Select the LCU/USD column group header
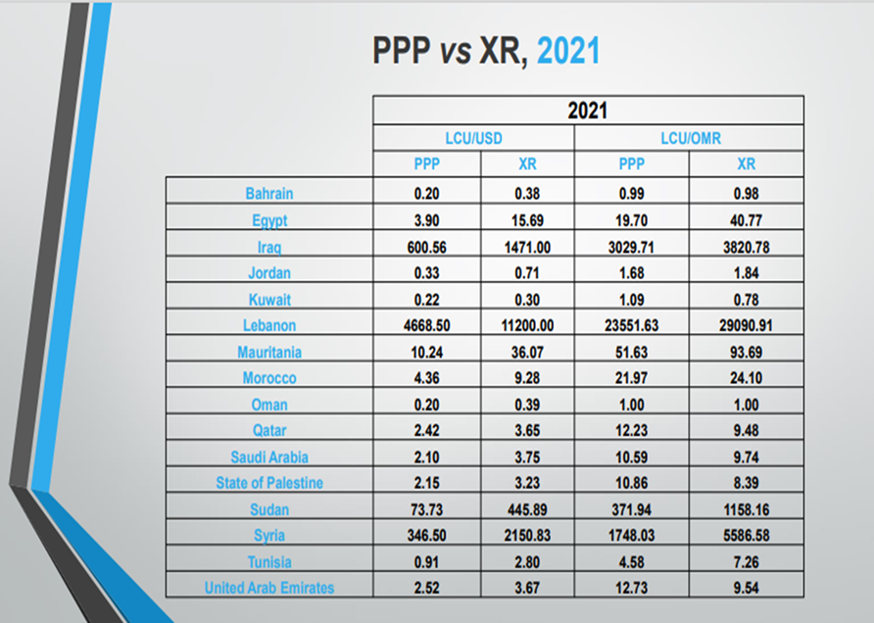coord(474,140)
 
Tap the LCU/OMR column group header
coord(689,140)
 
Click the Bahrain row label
coord(269,194)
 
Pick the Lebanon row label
coord(269,326)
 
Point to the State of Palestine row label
coord(269,483)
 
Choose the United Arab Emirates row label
coord(269,588)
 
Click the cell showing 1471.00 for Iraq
coord(526,248)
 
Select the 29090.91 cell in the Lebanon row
coord(746,326)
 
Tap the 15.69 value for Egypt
coord(526,221)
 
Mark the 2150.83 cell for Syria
coord(526,536)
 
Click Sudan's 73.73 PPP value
coord(426,509)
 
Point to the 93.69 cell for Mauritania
coord(746,353)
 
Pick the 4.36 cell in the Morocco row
coord(426,378)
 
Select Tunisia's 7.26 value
coord(746,561)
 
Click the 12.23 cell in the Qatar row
coord(631,431)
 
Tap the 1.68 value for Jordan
coord(631,273)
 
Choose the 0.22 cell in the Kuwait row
coord(426,300)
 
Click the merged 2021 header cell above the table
coord(587,111)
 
